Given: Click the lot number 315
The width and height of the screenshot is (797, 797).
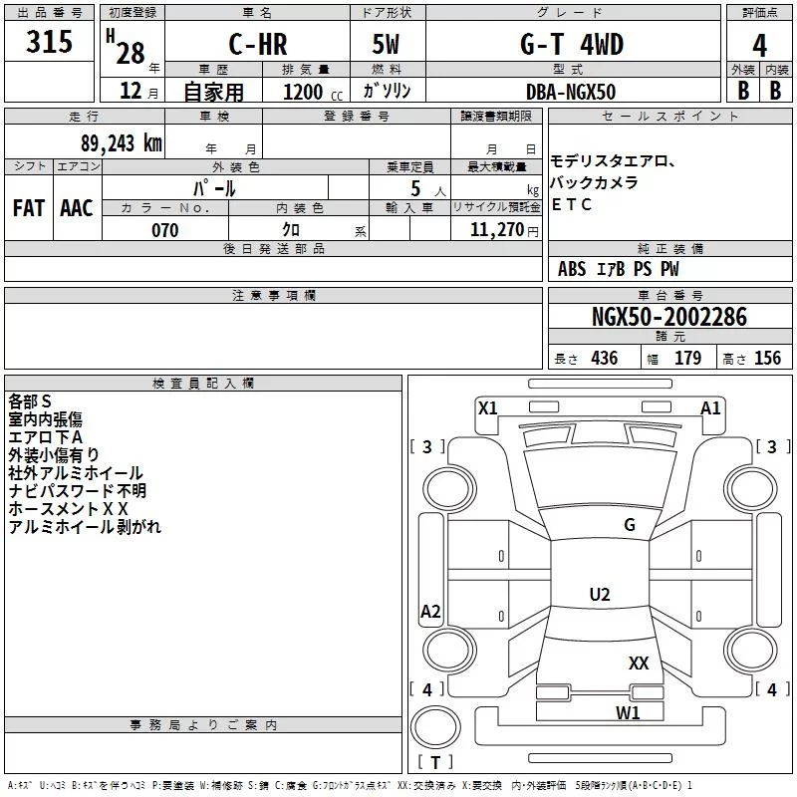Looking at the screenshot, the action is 49,43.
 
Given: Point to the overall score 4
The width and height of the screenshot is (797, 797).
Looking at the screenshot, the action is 760,46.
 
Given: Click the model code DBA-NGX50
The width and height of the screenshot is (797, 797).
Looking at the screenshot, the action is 571,92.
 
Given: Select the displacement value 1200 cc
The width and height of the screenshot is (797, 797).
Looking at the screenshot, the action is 305,92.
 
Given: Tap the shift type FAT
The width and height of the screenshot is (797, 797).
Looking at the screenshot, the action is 29,207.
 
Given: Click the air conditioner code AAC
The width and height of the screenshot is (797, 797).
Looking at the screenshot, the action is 77,207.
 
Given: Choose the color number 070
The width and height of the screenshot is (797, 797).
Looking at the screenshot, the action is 165,230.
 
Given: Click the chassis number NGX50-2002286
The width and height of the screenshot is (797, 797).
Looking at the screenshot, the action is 668,317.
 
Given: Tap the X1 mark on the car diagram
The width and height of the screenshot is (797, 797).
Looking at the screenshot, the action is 487,406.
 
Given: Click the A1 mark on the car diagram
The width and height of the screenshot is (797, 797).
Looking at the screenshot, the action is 710,406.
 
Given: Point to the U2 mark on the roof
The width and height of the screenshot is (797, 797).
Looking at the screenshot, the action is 599,595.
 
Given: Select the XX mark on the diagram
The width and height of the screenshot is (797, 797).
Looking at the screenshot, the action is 639,663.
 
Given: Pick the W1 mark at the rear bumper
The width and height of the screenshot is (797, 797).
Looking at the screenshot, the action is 627,712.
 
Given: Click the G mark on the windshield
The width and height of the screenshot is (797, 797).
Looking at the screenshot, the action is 629,525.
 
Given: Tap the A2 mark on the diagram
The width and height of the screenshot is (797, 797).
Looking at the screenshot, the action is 430,612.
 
